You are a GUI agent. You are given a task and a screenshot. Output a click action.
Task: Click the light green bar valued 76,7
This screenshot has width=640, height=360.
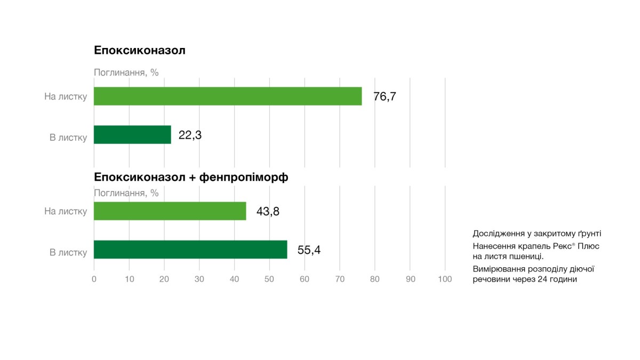click(x=228, y=97)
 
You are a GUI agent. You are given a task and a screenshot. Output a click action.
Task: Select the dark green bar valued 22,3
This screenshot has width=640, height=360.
click(x=132, y=135)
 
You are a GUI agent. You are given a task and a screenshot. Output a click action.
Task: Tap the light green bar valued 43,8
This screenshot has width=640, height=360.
click(x=170, y=211)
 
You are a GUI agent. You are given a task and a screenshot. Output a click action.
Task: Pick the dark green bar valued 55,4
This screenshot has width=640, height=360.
click(x=190, y=250)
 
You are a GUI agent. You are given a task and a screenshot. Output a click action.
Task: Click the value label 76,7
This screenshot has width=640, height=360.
click(x=385, y=97)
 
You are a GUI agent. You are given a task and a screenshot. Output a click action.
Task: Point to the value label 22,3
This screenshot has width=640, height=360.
click(x=190, y=135)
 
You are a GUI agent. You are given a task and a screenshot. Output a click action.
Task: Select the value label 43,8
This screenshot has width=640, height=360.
click(x=268, y=212)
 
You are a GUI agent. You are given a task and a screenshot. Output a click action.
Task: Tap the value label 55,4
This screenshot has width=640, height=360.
click(x=309, y=250)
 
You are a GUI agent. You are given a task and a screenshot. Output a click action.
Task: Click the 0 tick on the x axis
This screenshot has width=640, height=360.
click(x=94, y=279)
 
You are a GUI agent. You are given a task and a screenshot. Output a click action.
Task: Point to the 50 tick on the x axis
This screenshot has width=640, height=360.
click(x=269, y=279)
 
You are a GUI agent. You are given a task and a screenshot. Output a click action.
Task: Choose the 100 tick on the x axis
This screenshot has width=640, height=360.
click(x=445, y=279)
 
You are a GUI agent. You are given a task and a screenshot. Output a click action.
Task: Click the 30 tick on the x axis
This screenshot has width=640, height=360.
click(x=199, y=279)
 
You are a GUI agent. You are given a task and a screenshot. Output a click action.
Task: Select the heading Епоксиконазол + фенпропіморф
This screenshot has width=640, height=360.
click(x=191, y=178)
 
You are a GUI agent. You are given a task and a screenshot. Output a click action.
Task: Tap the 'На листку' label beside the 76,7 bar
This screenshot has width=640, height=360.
click(x=66, y=97)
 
